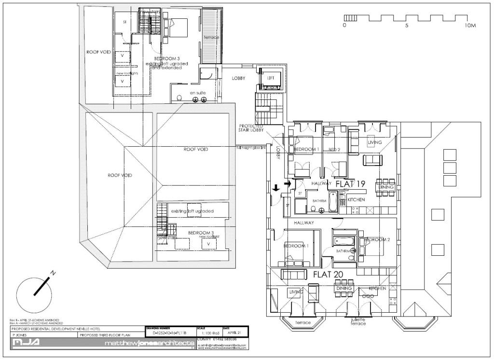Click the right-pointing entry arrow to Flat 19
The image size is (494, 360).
pos(288,183)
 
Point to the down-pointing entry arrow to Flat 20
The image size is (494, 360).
pos(276,187)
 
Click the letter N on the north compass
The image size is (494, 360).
pos(53,273)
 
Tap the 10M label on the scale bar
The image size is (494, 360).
pos(470,25)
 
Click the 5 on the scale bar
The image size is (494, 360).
pos(407,25)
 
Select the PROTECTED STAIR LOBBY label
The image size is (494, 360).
pos(251,128)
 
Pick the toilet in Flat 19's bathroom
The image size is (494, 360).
pos(314,209)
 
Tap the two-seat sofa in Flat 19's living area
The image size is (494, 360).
pos(371,160)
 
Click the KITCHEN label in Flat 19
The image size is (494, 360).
pos(356,199)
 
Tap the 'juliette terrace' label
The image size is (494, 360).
pos(358,321)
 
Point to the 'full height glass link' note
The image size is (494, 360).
pos(250,147)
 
